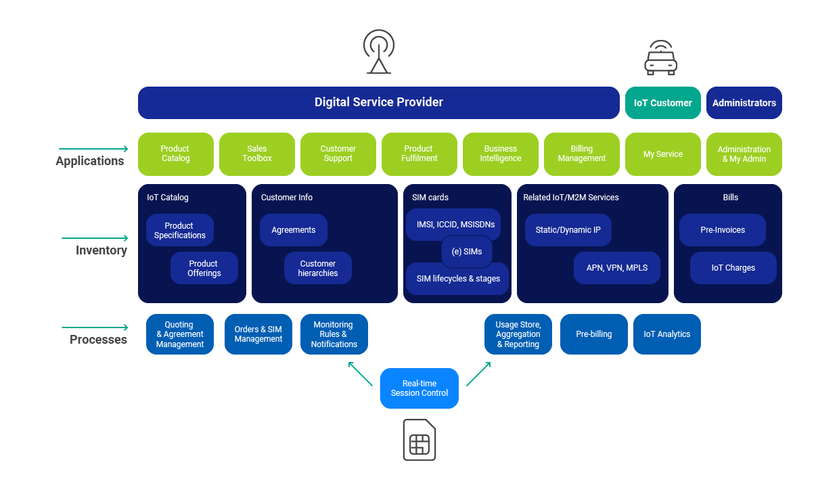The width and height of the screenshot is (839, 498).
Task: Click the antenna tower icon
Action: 378,51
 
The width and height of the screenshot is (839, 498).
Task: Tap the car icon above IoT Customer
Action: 660,57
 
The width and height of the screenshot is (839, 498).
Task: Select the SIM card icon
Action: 419,440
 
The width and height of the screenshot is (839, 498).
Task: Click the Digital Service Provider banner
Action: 378,103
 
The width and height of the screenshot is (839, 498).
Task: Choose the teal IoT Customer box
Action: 662,103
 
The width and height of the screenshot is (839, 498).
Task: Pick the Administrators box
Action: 744,103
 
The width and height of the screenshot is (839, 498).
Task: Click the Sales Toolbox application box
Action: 256,154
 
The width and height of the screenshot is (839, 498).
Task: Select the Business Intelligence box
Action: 500,154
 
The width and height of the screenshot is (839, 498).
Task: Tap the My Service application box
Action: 662,154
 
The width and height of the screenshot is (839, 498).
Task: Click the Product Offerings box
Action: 204,268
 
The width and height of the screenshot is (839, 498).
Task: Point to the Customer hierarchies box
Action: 317,268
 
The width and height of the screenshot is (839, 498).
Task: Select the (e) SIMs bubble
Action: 466,252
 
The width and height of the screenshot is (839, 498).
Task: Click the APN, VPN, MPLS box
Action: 616,268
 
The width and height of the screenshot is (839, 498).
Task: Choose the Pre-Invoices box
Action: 722,230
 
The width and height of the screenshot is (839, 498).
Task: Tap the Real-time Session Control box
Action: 419,388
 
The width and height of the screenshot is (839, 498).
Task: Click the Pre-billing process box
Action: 593,334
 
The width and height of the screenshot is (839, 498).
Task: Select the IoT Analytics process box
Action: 666,334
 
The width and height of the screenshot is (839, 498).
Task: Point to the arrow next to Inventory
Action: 95,238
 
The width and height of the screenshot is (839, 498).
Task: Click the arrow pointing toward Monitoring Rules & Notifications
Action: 360,373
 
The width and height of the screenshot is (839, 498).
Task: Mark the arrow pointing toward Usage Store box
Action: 478,373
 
